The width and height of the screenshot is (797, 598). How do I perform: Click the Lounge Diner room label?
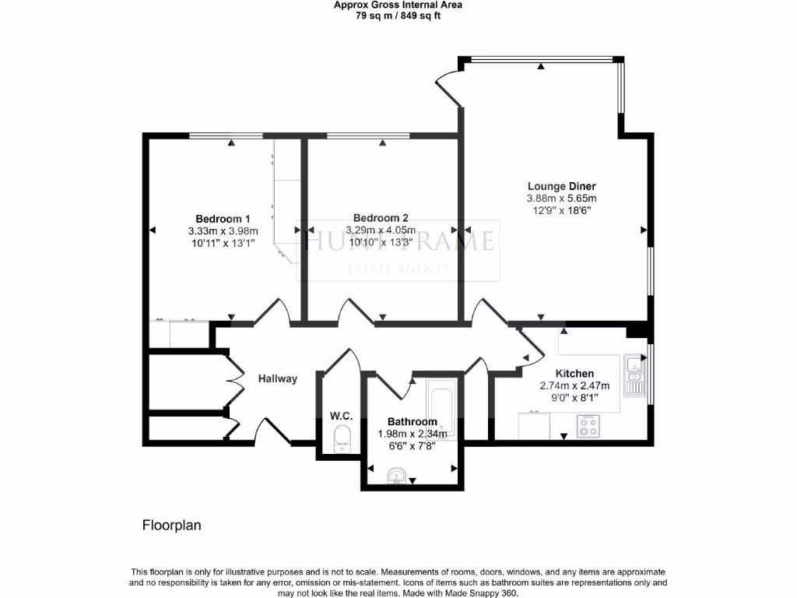(x=561, y=186)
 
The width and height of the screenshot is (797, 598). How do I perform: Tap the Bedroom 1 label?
(x=223, y=218)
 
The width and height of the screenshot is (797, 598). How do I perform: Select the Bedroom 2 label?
(x=381, y=218)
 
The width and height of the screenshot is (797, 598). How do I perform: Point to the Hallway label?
(x=278, y=379)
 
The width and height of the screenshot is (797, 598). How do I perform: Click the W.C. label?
(x=341, y=417)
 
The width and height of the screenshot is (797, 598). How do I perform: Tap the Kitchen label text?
(x=574, y=374)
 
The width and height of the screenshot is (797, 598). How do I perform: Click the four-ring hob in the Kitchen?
(x=588, y=426)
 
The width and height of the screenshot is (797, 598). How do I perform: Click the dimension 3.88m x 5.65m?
(x=561, y=199)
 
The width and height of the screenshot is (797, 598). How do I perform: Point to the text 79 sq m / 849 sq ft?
(x=398, y=16)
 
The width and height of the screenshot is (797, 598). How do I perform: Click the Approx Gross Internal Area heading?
(x=398, y=5)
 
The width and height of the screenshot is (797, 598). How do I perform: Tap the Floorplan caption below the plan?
(x=171, y=526)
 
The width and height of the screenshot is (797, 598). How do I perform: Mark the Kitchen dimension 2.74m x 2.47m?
(x=574, y=385)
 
